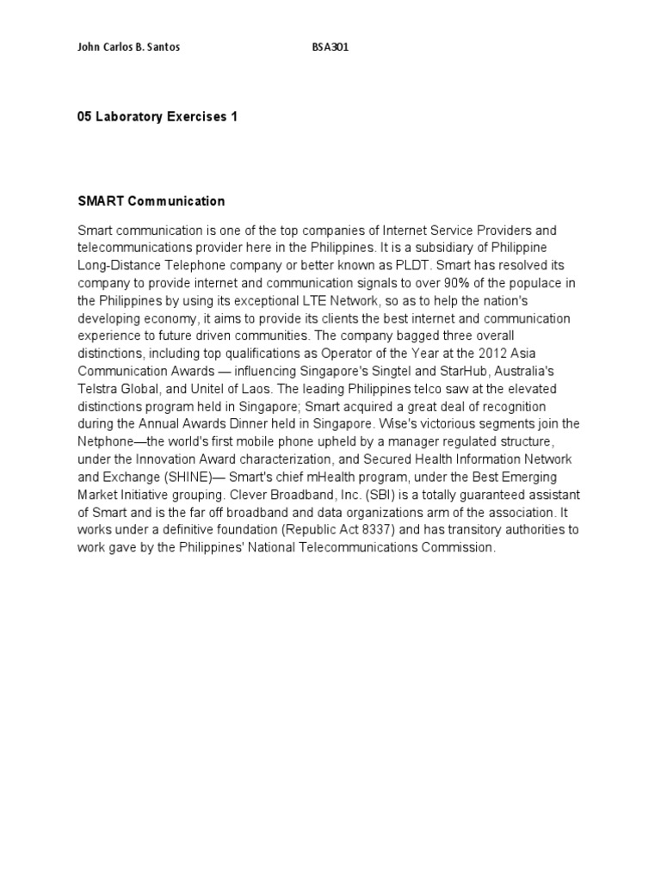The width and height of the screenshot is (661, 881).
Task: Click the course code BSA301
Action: pyautogui.click(x=330, y=48)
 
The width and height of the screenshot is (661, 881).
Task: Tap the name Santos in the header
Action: pyautogui.click(x=163, y=48)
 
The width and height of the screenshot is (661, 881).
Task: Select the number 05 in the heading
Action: pyautogui.click(x=84, y=117)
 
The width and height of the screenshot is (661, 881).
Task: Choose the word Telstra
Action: pyautogui.click(x=97, y=388)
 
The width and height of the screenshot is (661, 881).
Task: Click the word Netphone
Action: pyautogui.click(x=103, y=441)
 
